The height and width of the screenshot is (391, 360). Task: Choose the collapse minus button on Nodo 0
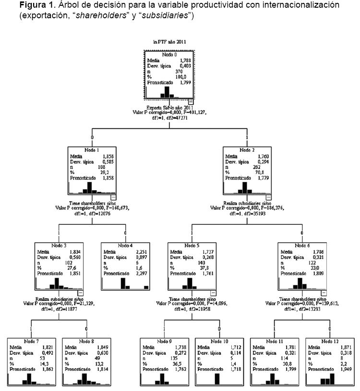pos(191,101)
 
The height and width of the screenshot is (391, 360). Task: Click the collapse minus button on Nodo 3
pos(81,292)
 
